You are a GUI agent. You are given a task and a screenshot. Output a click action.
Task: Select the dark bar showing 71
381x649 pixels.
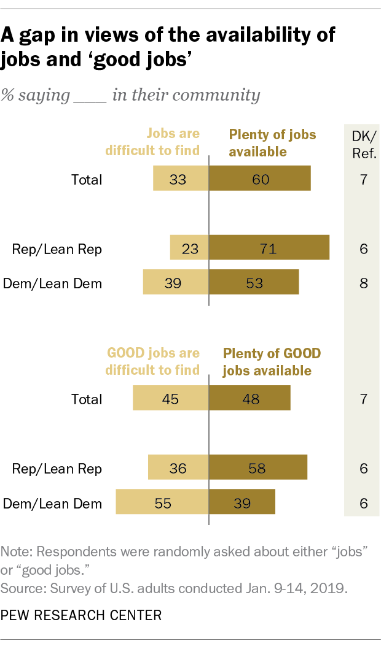coord(269,249)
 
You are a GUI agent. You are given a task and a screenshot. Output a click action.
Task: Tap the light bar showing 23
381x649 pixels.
coord(189,249)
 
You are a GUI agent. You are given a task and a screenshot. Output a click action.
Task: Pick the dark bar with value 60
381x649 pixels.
coord(260,180)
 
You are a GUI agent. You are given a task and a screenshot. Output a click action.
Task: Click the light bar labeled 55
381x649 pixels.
coord(162,504)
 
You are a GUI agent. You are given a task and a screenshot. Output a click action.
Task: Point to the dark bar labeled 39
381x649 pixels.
coord(242,504)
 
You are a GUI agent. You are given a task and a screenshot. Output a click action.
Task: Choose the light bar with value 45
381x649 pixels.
coord(171,399)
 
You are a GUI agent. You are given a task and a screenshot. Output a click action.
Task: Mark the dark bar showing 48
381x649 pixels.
coord(249,399)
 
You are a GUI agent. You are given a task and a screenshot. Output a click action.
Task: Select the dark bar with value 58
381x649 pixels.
coord(258,469)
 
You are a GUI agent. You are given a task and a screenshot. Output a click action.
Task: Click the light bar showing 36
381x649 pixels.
coord(178,469)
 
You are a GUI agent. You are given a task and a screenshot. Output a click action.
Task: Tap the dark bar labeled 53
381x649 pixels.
coord(254,283)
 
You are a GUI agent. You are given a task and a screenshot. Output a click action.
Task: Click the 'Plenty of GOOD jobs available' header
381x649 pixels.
coord(272,362)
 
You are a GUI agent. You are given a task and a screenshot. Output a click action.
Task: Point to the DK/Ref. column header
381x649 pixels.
coord(363,143)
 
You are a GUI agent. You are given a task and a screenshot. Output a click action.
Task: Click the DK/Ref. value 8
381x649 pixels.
coord(363,283)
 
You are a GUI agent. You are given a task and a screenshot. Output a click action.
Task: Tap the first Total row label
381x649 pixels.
coord(86,180)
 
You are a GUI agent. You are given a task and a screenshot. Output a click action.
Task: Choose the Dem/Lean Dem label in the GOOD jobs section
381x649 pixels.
coord(52,504)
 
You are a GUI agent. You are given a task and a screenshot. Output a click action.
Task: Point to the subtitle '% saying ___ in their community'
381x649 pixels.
coord(130,95)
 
